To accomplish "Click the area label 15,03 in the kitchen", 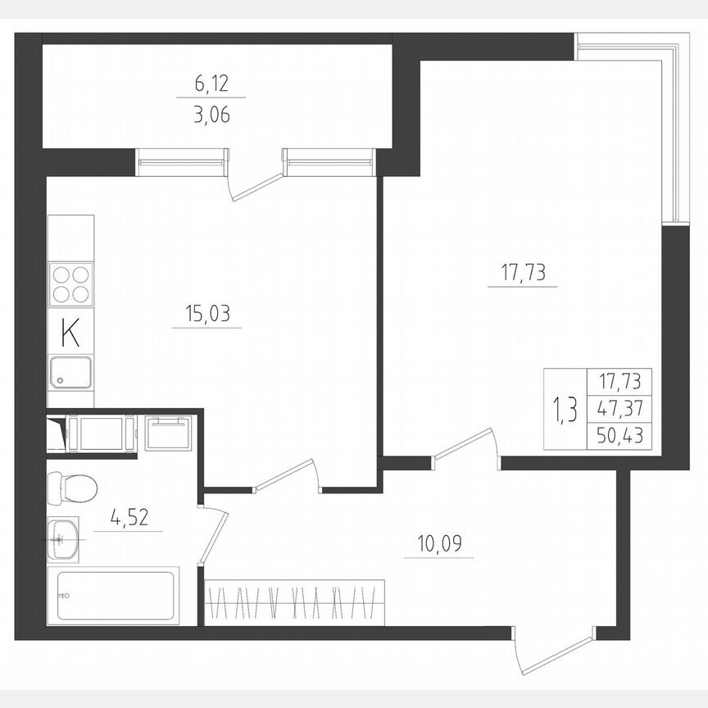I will click(x=206, y=313).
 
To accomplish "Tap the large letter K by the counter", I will click(x=71, y=334).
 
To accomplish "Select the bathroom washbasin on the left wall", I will click(x=62, y=538).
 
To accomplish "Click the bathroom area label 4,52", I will click(x=128, y=518).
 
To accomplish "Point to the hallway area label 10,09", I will click(x=438, y=542).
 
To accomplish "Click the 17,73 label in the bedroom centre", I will click(x=523, y=271).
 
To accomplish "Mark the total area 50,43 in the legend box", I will click(x=619, y=437).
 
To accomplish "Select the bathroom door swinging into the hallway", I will click(x=215, y=537).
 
